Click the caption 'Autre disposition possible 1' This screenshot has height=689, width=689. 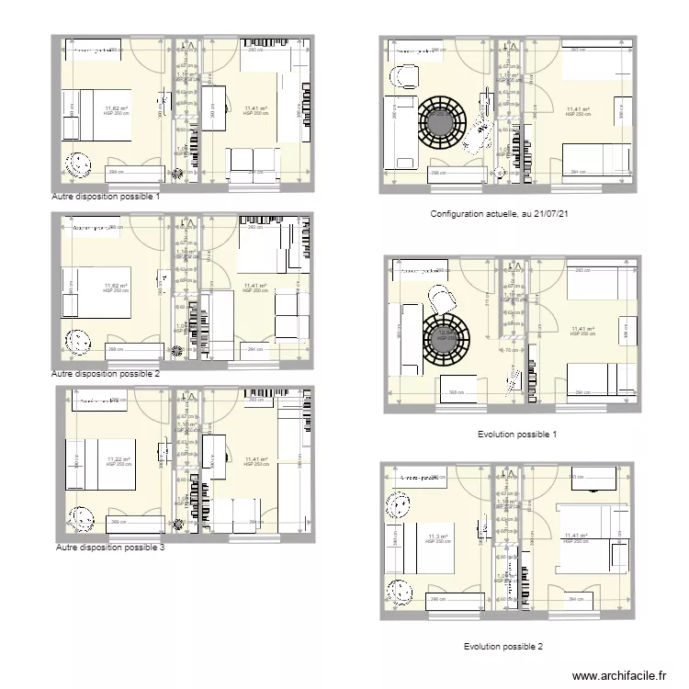[107, 197]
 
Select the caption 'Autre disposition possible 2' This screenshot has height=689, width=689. [107, 374]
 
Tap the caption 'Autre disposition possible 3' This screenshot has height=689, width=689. [110, 548]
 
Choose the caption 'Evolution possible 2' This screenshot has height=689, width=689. [503, 647]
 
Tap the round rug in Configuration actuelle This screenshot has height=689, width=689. [445, 120]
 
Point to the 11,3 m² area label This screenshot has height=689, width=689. [437, 537]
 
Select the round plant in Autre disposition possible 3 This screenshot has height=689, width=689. [80, 519]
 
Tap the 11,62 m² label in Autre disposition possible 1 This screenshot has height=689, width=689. [117, 108]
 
